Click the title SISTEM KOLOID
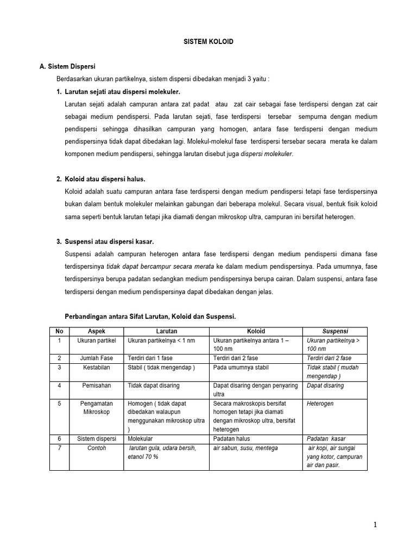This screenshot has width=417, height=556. coord(208,41)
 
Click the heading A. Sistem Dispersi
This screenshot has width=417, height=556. coord(67,66)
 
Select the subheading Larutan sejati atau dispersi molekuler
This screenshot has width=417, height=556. coord(122,91)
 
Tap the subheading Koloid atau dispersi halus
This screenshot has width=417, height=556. coord(105,179)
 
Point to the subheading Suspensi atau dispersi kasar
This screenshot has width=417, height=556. coord(109,242)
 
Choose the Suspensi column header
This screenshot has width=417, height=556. coord(335,331)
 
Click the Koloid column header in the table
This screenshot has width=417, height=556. coord(256,331)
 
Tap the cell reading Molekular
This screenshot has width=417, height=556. coord(141,439)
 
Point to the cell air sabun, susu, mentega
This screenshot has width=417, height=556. coord(245,448)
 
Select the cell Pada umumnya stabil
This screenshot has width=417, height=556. coord(239,368)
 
